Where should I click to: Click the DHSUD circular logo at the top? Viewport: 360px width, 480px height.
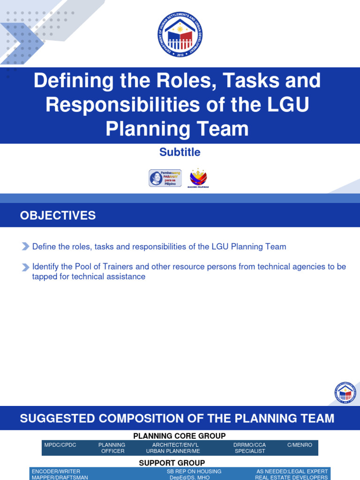(x=180, y=35)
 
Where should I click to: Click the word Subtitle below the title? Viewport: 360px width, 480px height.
(x=180, y=152)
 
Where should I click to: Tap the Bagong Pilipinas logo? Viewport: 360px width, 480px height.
(x=198, y=178)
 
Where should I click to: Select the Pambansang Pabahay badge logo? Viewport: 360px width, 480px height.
(x=165, y=178)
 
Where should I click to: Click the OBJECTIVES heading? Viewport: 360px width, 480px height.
(x=58, y=216)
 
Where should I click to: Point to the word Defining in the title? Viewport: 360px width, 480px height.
(x=69, y=81)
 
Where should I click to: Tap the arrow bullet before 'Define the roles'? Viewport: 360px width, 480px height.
(x=26, y=247)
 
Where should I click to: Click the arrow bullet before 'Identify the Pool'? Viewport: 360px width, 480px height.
(x=26, y=267)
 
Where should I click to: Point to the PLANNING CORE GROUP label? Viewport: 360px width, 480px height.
(x=180, y=436)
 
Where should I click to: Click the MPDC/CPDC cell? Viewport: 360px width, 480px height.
(x=60, y=445)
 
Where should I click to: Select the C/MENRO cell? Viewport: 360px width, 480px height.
(x=300, y=445)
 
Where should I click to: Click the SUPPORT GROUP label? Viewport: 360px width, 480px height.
(x=172, y=463)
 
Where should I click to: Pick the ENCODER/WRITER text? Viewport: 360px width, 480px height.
(x=56, y=471)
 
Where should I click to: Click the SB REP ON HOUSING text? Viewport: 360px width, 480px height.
(x=194, y=471)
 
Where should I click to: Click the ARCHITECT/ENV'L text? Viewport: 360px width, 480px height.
(x=173, y=445)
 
